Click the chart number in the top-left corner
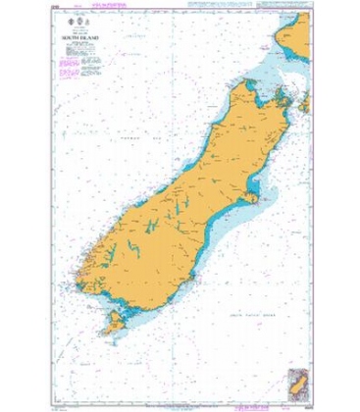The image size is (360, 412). pos(55,9)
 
